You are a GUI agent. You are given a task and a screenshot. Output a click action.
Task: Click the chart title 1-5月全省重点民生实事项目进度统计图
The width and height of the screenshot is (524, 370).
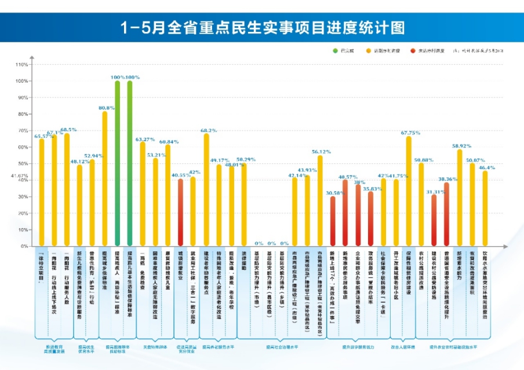point(262,27)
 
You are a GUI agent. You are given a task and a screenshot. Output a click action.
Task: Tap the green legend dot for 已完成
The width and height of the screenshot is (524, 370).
point(335,52)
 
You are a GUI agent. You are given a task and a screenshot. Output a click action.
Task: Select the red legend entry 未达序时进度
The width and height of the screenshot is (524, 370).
point(412,52)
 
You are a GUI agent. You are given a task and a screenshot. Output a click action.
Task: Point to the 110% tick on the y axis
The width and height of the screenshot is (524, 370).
point(23,64)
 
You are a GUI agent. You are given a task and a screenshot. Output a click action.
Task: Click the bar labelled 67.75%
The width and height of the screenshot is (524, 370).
point(409,191)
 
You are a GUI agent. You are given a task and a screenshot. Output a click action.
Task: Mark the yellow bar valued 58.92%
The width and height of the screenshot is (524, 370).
point(460,197)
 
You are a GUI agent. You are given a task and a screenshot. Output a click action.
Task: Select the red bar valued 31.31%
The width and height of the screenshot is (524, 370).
point(434,220)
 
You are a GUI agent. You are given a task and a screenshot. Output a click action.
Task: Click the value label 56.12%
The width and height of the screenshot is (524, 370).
point(321,151)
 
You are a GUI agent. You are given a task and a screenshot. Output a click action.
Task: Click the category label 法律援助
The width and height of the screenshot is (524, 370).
point(244,264)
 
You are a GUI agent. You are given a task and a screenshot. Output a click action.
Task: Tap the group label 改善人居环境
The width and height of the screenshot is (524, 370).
point(403,347)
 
